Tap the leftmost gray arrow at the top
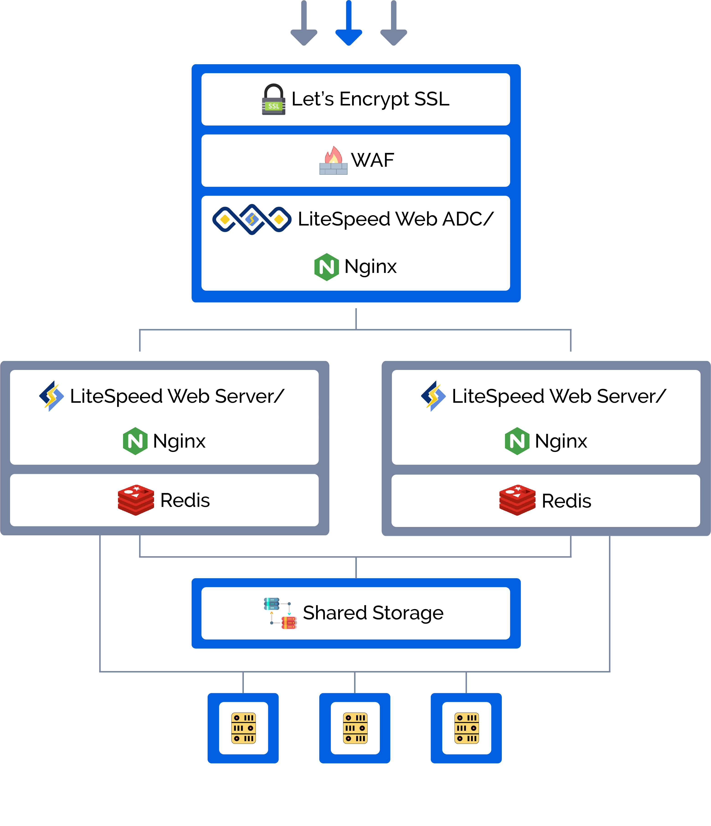click(x=304, y=23)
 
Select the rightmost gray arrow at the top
click(x=394, y=23)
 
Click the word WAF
click(x=372, y=160)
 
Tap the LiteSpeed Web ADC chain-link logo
click(x=252, y=219)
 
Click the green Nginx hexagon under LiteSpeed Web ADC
click(x=327, y=267)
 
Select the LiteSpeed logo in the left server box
click(x=52, y=396)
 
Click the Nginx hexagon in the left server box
click(x=135, y=441)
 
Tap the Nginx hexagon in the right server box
click(x=517, y=441)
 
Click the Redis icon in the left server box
click(x=136, y=500)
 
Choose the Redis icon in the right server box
click(x=518, y=500)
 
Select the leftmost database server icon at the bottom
click(x=243, y=728)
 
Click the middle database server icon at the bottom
click(x=355, y=728)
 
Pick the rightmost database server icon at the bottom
click(x=466, y=728)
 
